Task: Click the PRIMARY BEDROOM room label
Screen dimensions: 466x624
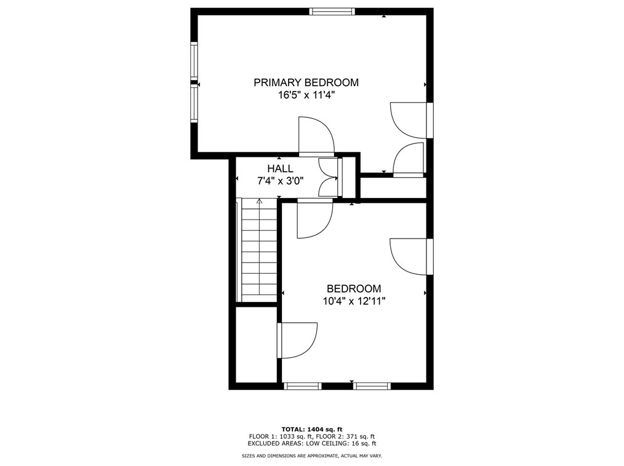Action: [x=306, y=82]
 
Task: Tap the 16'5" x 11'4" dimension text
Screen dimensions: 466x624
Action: [x=306, y=95]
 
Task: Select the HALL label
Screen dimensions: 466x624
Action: [x=280, y=168]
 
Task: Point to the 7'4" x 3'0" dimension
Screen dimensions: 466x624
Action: [x=280, y=181]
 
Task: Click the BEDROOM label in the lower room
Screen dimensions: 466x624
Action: [x=353, y=288]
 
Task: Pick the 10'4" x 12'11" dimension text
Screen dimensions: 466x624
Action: [x=353, y=301]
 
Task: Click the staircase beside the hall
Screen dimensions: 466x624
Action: [x=259, y=252]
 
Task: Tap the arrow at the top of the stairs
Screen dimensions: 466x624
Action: [x=259, y=201]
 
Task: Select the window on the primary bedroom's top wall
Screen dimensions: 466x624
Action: [x=332, y=11]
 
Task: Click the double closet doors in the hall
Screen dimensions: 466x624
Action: [x=330, y=178]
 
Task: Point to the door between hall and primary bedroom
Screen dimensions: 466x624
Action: [x=315, y=136]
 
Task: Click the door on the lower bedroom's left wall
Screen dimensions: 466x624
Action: [x=297, y=339]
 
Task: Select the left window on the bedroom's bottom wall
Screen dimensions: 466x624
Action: [x=303, y=386]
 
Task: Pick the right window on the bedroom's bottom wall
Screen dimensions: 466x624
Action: [x=372, y=386]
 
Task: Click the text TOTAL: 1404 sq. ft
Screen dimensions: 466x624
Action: [x=311, y=429]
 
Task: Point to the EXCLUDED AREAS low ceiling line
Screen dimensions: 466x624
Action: [x=311, y=443]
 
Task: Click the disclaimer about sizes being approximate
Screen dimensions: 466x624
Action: [x=311, y=456]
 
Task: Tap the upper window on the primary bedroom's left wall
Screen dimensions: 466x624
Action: [x=194, y=60]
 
